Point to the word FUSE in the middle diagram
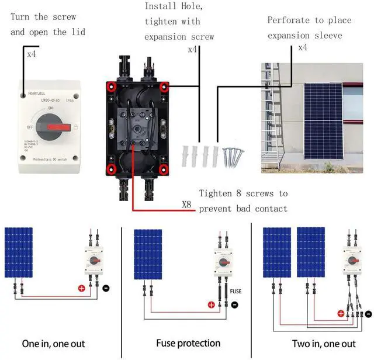[235, 290]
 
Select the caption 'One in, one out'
[53, 344]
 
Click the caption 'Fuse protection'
[188, 343]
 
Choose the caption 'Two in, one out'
[324, 344]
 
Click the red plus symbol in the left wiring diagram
[82, 288]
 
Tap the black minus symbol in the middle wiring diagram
[234, 304]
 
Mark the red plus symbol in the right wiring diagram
[341, 314]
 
